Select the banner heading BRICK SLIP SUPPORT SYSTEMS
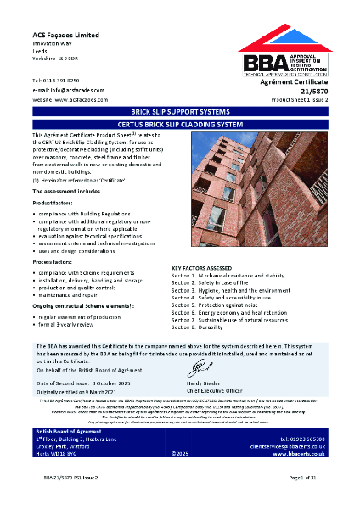179,111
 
